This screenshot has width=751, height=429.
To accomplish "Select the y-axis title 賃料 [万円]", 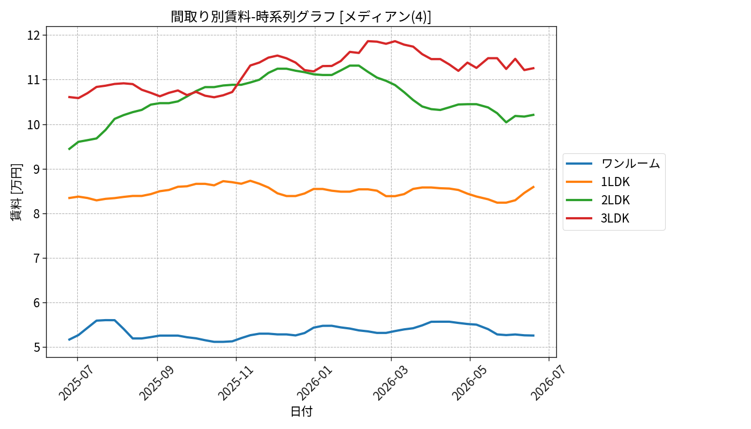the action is point(16,192).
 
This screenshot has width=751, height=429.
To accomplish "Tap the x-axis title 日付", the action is point(301,411).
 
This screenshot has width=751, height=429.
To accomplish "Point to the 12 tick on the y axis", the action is point(33,35).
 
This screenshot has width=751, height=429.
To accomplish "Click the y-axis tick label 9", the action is point(36,169).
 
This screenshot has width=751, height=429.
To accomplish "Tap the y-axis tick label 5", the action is point(36,347).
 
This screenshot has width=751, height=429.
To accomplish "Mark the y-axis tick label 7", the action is point(36,258).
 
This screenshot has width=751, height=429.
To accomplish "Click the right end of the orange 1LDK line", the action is point(534,187).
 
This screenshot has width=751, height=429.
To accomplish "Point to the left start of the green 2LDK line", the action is point(69,149).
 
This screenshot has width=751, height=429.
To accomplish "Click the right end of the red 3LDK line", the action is point(534,68).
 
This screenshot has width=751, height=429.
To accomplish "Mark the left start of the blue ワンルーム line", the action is point(69,340).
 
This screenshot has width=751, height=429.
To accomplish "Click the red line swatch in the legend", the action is point(579,218).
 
